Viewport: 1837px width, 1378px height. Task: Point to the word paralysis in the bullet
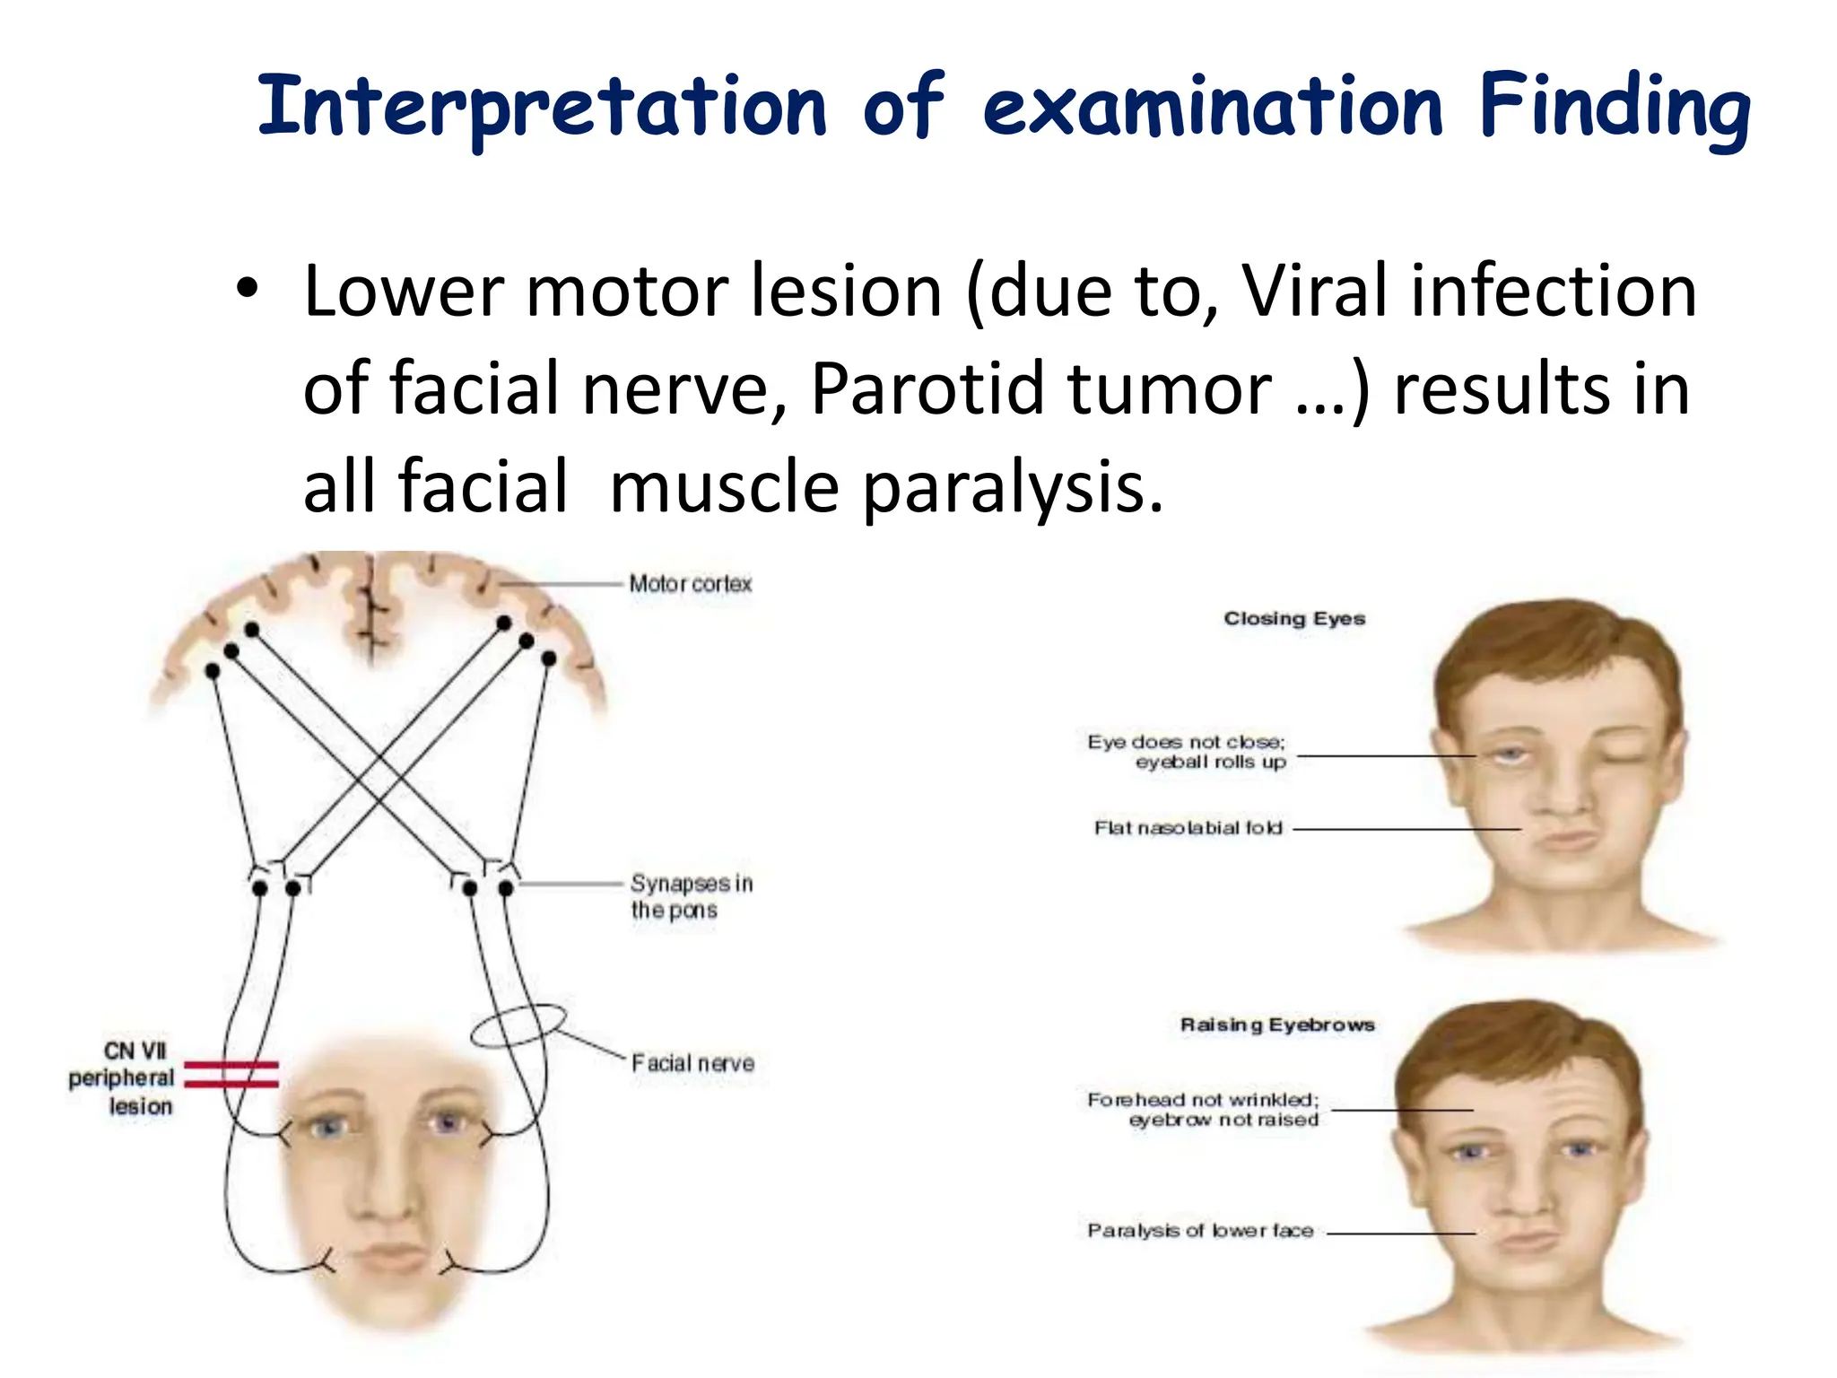coord(1013,487)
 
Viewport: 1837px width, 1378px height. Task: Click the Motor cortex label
coord(690,584)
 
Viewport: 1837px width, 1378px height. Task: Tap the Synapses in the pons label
coord(691,896)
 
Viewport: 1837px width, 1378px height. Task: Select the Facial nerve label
coord(692,1063)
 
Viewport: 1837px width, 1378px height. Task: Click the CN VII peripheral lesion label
coord(123,1077)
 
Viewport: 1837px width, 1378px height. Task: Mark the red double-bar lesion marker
coord(231,1075)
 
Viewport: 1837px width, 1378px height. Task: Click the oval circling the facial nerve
coord(518,1025)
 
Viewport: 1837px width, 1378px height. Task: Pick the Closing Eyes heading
coord(1294,618)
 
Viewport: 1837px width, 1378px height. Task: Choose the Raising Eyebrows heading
coord(1277,1025)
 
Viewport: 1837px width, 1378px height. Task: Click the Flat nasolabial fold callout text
coord(1188,828)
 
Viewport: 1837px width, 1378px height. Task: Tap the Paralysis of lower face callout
coord(1200,1231)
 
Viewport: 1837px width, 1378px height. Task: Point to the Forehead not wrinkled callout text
coord(1203,1109)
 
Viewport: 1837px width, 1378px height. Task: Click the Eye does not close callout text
coord(1187,752)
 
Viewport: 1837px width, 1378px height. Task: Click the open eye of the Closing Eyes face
coord(1511,756)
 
